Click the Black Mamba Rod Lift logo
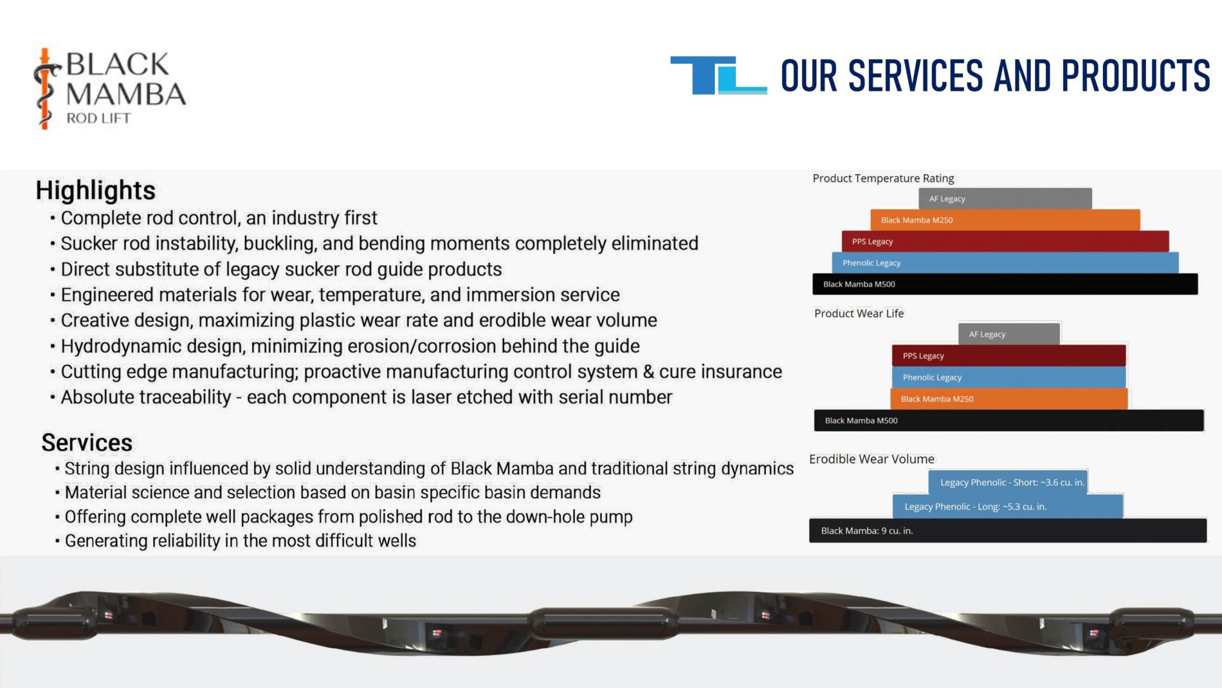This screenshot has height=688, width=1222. pos(109,88)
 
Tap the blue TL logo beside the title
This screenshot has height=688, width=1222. pos(718,75)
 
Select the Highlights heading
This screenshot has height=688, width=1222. pos(95,191)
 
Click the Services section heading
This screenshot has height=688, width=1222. pos(87,443)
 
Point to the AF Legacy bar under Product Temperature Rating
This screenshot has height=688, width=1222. pos(1005,198)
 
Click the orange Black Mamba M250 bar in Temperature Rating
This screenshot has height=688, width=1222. pos(1005,219)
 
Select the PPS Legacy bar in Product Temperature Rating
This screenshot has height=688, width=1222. pos(1005,241)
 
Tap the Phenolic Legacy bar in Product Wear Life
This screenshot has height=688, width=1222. pos(1008,377)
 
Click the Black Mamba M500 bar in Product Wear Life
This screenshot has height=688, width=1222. pos(1008,420)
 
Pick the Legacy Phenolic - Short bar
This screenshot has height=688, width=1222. pos(1008,482)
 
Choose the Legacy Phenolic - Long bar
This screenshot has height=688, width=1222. pos(1008,507)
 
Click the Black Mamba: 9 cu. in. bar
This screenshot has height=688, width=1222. pos(1008,531)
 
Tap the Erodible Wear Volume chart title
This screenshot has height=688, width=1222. pos(871,459)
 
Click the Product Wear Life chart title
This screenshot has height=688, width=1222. pos(859,313)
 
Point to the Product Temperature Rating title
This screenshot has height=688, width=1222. pos(883,178)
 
